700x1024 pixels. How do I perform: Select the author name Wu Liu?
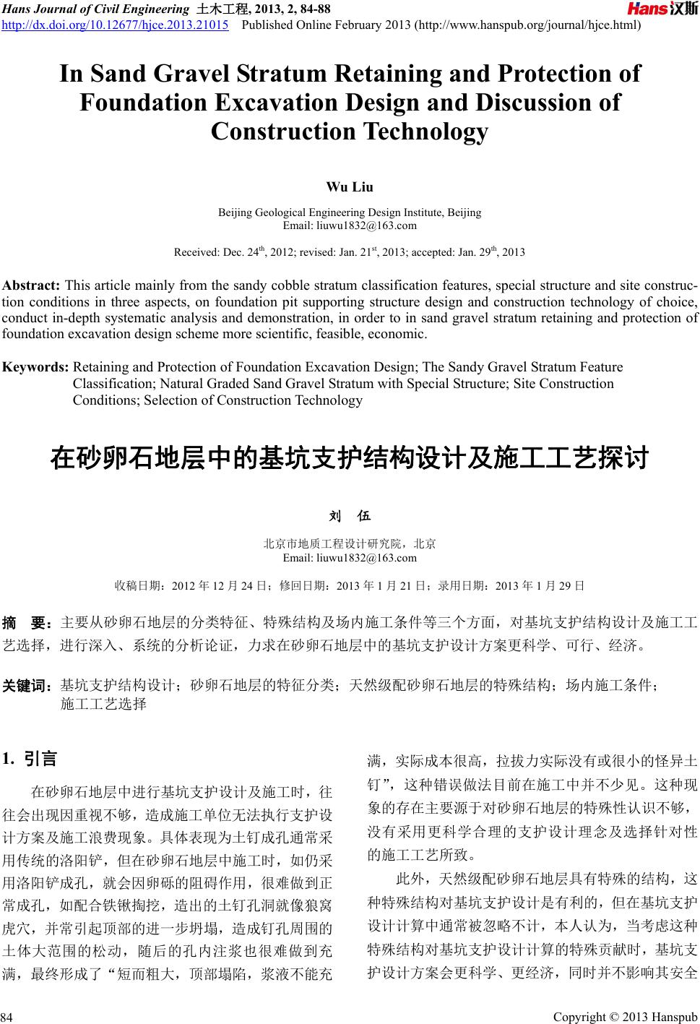(350, 187)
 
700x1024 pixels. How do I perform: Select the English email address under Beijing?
(350, 225)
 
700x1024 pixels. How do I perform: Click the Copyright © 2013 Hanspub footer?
(625, 1017)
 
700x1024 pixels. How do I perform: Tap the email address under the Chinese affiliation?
(350, 558)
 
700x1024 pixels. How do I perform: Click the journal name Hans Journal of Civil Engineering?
(95, 9)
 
